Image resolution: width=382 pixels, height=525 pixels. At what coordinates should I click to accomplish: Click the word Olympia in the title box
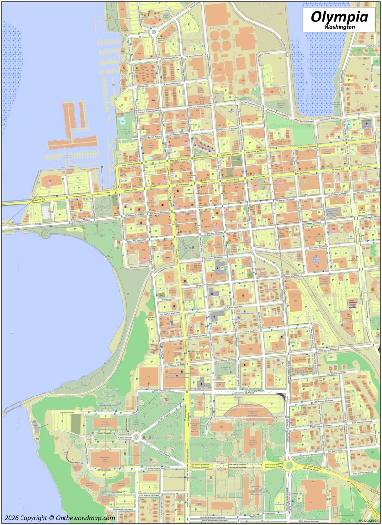[x=339, y=17]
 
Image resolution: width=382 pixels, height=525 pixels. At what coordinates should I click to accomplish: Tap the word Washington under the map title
[x=339, y=28]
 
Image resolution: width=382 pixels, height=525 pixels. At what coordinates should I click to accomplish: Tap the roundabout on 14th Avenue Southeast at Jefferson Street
[x=289, y=465]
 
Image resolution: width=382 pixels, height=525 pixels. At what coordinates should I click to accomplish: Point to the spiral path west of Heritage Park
[x=45, y=234]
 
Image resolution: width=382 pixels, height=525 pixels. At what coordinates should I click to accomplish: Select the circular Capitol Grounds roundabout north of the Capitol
[x=136, y=436]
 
